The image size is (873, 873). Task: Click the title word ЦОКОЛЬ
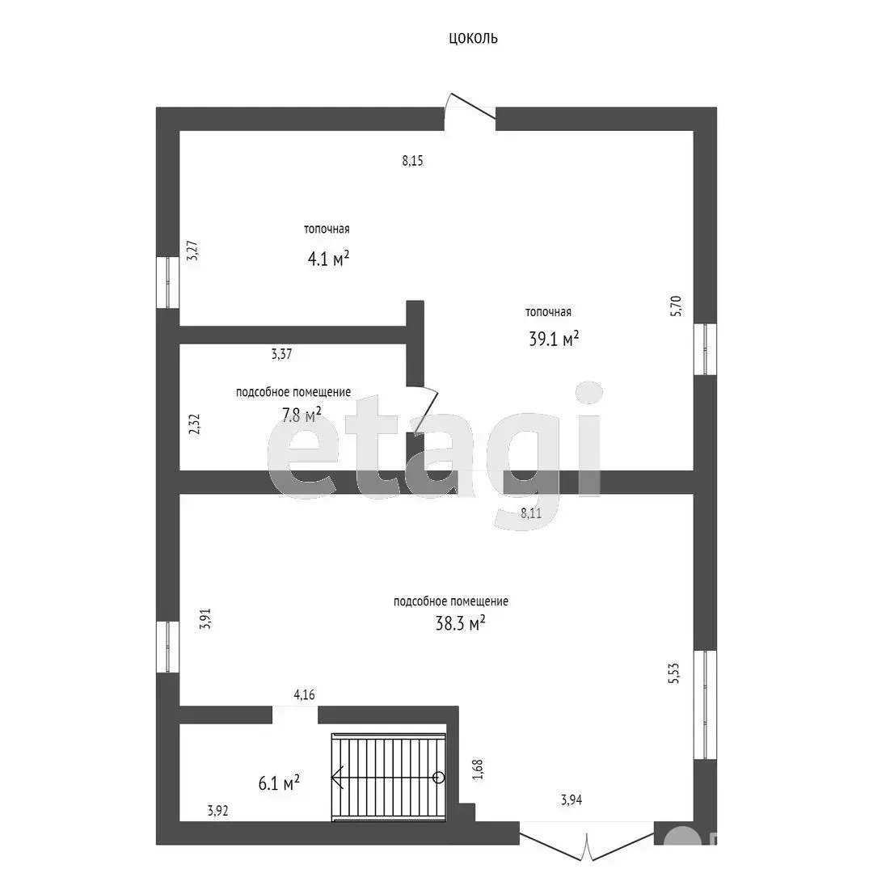tap(473, 39)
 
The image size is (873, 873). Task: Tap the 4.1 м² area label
tap(328, 259)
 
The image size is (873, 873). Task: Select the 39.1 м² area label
tap(554, 339)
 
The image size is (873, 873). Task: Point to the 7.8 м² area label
tap(302, 415)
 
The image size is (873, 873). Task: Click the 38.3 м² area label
tap(461, 623)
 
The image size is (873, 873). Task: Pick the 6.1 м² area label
tap(279, 782)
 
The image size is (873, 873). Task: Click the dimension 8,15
tap(412, 161)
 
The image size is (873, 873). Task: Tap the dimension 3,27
tap(192, 251)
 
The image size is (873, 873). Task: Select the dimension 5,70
tap(675, 306)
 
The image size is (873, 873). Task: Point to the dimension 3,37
tap(282, 354)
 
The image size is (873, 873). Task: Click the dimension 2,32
tap(194, 424)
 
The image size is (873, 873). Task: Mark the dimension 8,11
tap(531, 513)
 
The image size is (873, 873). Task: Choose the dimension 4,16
tap(305, 695)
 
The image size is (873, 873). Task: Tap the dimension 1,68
tap(478, 770)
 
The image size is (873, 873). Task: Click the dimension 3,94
tap(571, 800)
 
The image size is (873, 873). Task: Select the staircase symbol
tap(389, 778)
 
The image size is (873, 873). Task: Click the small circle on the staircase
tap(439, 778)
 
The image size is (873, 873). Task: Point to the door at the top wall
tap(470, 112)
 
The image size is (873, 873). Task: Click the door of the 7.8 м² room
tap(423, 409)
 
